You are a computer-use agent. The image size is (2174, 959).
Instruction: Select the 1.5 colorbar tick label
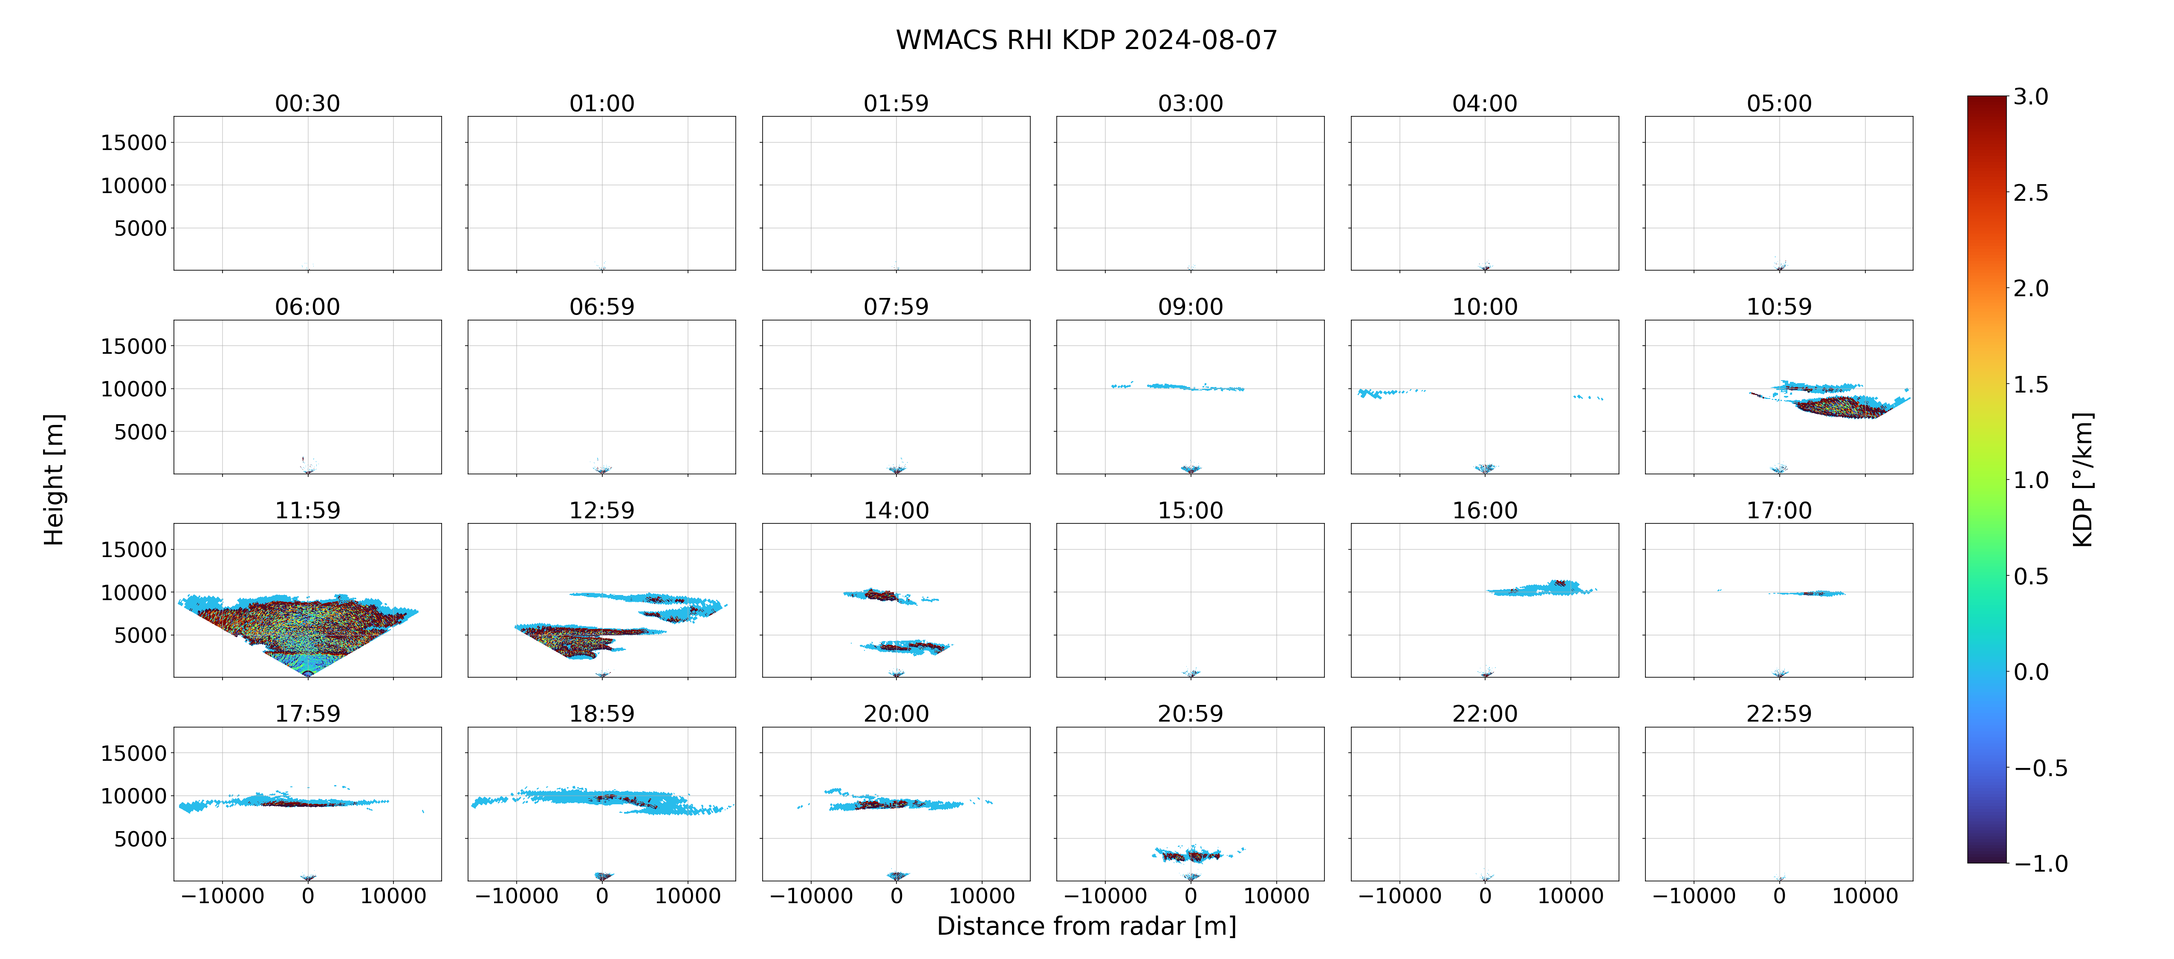[x=2030, y=384]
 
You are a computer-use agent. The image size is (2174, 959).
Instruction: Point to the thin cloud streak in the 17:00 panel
[x=1806, y=592]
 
